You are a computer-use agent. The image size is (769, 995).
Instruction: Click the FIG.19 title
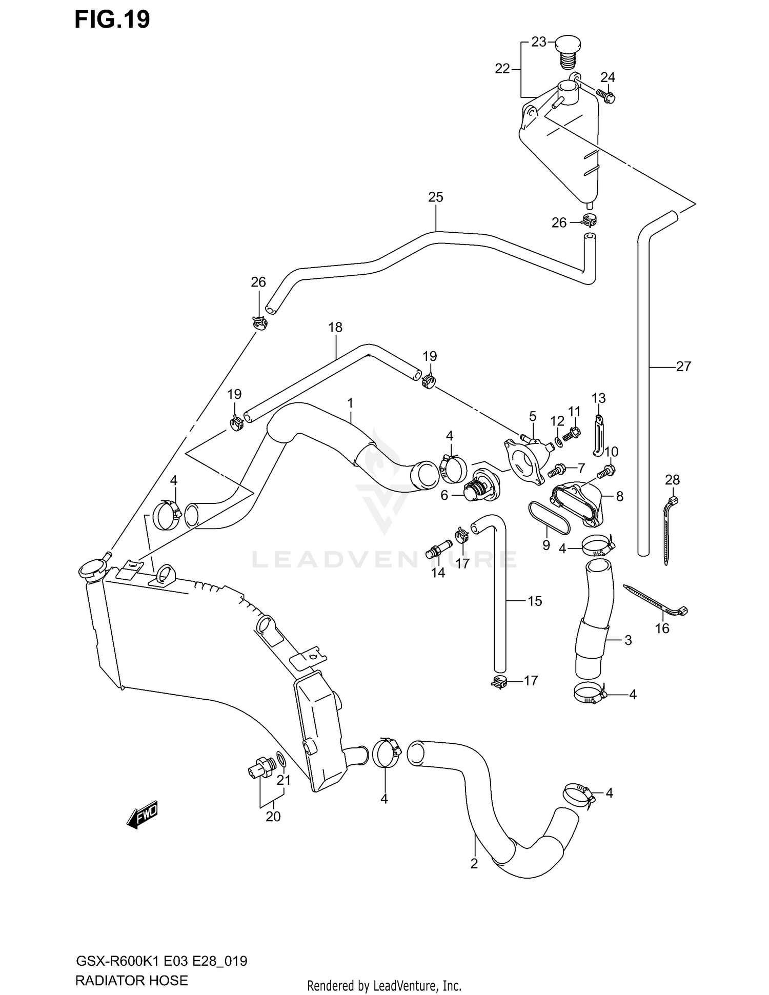(x=112, y=19)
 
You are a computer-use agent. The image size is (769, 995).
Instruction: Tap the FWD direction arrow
(x=143, y=815)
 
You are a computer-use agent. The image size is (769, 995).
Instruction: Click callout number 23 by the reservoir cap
(x=538, y=42)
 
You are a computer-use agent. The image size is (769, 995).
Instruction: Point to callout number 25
(x=435, y=197)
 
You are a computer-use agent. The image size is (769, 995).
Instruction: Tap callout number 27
(x=683, y=366)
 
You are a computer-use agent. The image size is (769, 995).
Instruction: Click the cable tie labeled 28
(x=669, y=528)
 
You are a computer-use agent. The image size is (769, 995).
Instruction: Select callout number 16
(x=662, y=628)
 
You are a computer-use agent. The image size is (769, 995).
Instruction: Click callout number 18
(x=335, y=327)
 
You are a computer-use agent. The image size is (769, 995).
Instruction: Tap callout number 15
(x=534, y=601)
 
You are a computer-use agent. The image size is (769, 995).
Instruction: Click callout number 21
(x=284, y=780)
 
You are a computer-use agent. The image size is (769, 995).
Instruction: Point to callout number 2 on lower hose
(x=474, y=864)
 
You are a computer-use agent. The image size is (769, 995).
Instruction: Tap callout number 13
(x=598, y=398)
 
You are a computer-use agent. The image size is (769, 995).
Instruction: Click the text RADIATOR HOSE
(x=131, y=980)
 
